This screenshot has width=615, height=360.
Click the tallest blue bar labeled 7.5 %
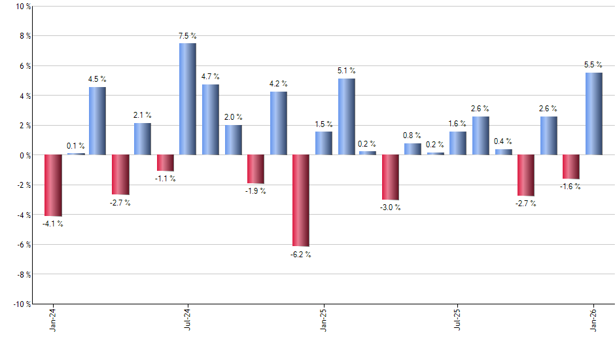point(187,99)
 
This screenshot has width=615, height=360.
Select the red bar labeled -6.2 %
point(300,200)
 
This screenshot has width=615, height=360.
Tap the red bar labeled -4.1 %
point(53,185)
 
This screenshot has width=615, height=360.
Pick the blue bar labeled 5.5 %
point(593,114)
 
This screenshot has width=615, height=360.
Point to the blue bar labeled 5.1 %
point(346,117)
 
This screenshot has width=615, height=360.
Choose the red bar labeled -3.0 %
point(391,177)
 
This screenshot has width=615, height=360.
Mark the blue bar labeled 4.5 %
point(97,121)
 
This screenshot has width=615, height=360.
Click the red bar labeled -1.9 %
point(255,169)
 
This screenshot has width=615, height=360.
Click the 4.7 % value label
point(210,77)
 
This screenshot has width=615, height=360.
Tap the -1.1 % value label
point(165,178)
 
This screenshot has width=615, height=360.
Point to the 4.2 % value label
point(278,84)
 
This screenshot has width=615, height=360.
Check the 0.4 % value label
point(503,141)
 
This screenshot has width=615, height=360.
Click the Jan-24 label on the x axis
point(53,320)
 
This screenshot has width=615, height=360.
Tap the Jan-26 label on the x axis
point(593,320)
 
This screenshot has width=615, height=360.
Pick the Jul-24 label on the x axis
point(188,320)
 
